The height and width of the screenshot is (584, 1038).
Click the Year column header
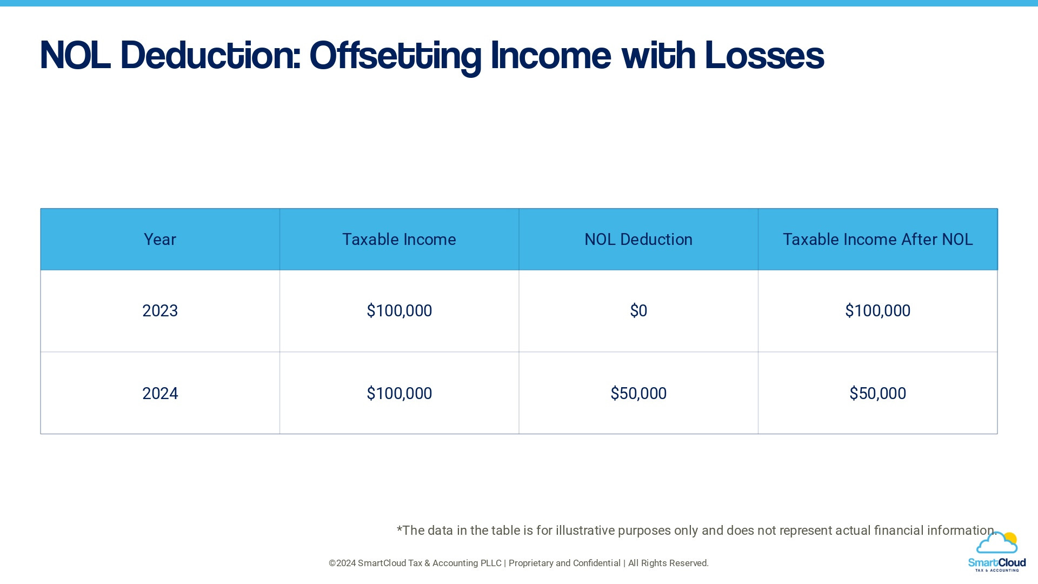(x=160, y=240)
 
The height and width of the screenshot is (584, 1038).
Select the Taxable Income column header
(x=399, y=240)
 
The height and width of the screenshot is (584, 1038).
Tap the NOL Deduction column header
(x=638, y=240)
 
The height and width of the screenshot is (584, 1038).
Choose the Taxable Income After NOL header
(x=877, y=240)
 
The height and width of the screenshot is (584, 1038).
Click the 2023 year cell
(x=160, y=311)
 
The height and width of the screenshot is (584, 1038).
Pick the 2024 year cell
(x=160, y=394)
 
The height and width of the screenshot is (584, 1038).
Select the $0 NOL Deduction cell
(x=638, y=311)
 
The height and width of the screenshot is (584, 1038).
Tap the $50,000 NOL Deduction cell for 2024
(x=638, y=394)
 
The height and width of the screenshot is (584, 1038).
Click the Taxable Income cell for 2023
(x=399, y=311)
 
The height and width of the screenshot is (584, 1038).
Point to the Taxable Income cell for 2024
(x=399, y=394)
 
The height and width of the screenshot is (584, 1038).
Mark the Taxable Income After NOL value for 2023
(x=877, y=311)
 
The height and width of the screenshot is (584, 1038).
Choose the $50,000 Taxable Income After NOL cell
(x=877, y=394)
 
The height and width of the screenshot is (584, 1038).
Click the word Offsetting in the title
(x=395, y=56)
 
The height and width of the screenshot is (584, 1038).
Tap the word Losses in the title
(x=764, y=56)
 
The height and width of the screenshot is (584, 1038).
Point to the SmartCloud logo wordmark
(x=996, y=563)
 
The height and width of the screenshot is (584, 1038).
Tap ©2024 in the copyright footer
(x=342, y=563)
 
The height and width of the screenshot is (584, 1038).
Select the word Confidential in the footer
(x=596, y=563)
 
